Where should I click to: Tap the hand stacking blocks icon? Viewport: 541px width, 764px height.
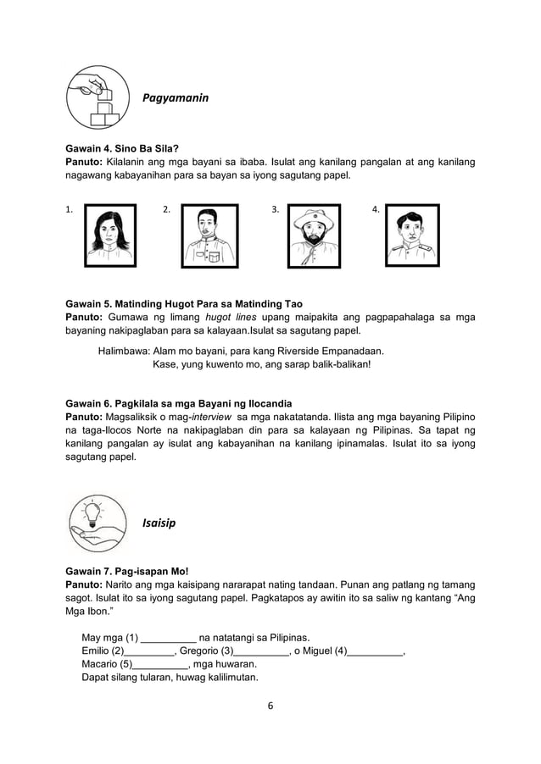tap(99, 98)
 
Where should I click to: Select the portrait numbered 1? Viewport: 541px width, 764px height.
tap(110, 235)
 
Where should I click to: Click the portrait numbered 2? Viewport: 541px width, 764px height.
tap(210, 235)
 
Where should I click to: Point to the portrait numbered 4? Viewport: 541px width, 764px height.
tap(412, 235)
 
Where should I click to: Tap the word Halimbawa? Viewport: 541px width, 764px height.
tap(124, 350)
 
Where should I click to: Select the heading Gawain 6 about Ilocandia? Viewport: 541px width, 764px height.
tap(179, 402)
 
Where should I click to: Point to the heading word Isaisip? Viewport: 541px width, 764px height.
tap(159, 523)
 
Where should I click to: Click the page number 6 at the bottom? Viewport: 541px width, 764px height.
tap(270, 706)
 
